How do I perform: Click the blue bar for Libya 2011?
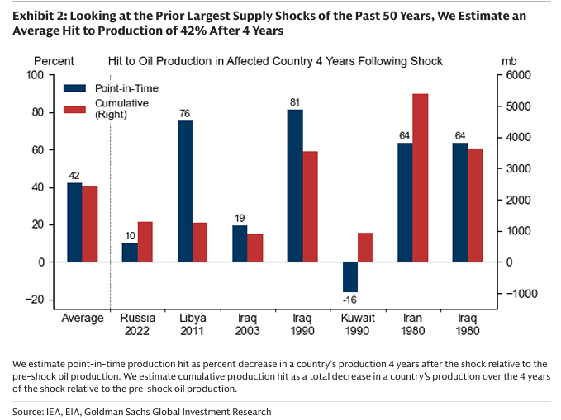pos(185,191)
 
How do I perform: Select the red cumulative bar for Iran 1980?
pos(420,177)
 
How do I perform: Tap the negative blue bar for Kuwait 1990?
pos(350,276)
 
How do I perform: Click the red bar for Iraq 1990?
pos(310,206)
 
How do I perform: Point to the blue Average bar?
pos(74,222)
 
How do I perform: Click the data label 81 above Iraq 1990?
pos(295,102)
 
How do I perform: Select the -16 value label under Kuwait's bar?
pos(351,300)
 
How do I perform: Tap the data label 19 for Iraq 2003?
pos(240,218)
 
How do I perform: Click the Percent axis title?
pos(54,61)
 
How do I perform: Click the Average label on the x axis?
pos(83,318)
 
